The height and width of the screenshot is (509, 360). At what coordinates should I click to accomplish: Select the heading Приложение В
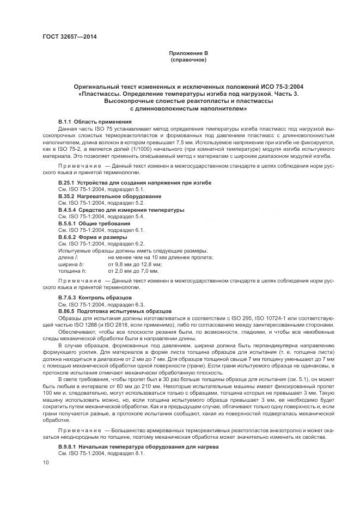[x=188, y=53]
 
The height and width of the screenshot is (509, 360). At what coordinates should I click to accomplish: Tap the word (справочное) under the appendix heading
[x=188, y=59]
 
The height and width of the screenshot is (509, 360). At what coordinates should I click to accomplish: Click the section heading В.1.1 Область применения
[x=95, y=121]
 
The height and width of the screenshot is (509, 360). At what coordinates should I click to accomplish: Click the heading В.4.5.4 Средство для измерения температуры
[x=121, y=210]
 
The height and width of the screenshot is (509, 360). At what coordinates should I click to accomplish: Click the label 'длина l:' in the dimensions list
[x=69, y=257]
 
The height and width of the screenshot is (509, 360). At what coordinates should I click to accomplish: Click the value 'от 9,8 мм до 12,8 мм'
[x=135, y=263]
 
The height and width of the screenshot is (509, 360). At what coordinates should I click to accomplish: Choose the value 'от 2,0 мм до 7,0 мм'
[x=133, y=271]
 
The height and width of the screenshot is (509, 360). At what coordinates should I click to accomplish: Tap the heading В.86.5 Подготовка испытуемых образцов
[x=114, y=311]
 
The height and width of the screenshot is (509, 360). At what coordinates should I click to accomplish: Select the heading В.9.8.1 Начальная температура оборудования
[x=138, y=446]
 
